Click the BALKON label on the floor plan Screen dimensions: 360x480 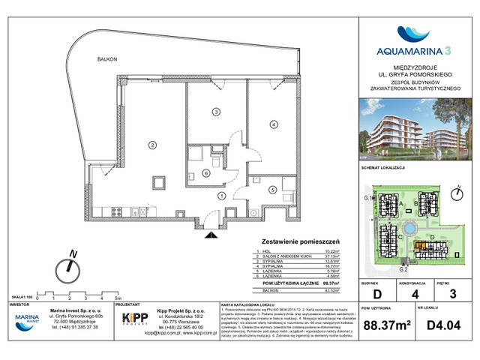click(106, 58)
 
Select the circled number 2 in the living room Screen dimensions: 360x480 click(151, 144)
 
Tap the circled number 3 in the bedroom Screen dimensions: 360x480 click(215, 112)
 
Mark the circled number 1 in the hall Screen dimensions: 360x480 click(221, 196)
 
